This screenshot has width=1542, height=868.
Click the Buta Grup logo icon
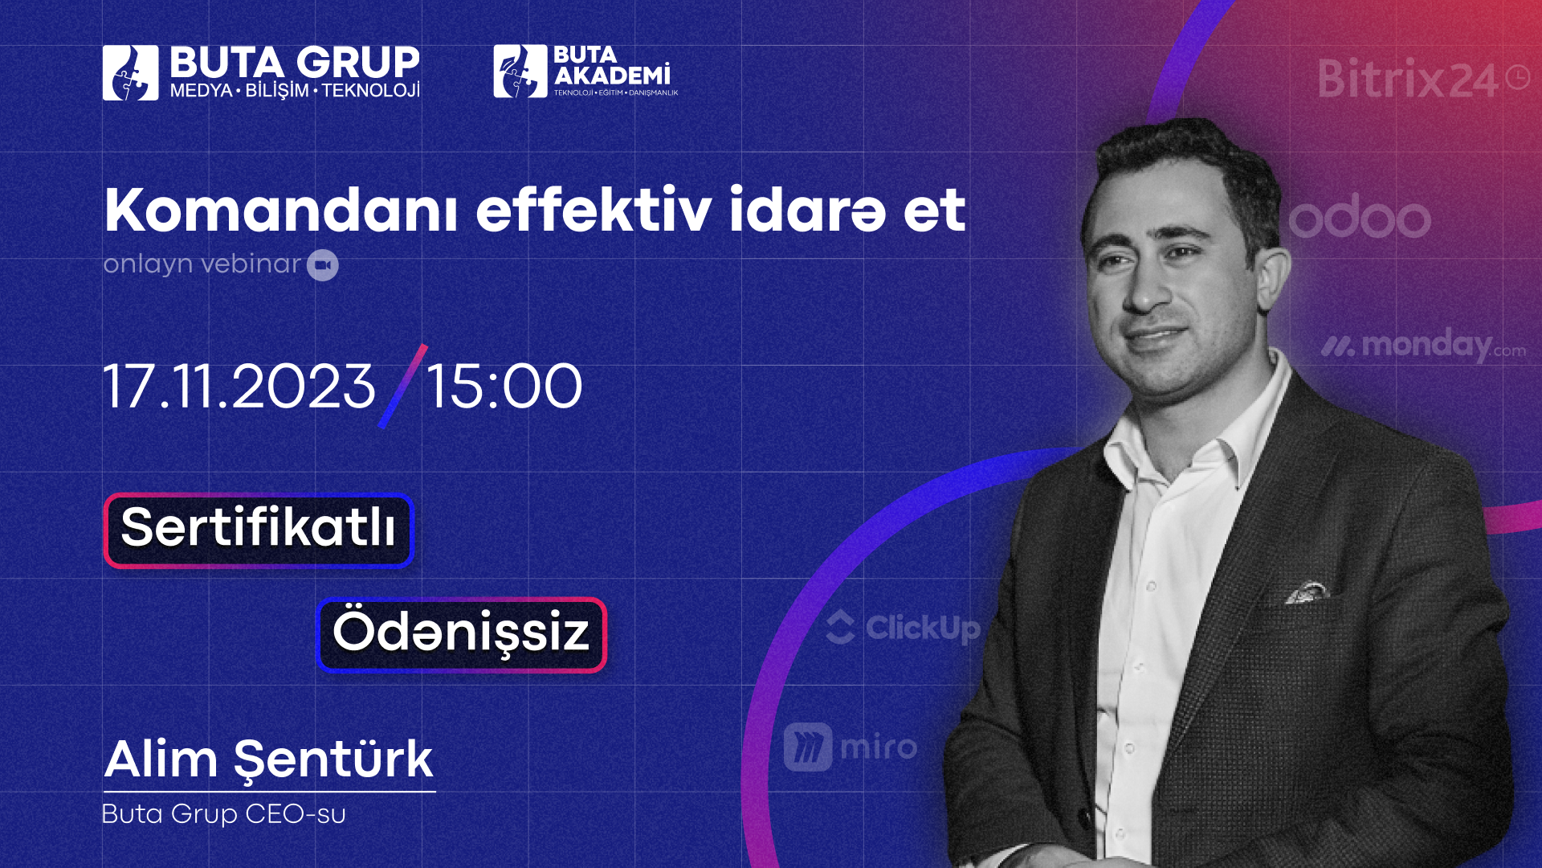130,72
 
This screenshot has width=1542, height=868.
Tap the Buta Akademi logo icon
520,71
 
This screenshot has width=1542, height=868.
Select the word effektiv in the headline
594,211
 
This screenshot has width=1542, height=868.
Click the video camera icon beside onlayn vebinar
323,265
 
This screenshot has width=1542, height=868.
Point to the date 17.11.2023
239,387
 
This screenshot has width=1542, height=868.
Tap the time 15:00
504,387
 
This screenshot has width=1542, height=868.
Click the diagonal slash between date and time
402,387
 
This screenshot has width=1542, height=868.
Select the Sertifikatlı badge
259,530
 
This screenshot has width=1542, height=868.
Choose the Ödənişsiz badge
462,635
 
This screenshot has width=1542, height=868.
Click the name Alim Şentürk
269,759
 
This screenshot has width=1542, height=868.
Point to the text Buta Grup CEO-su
224,814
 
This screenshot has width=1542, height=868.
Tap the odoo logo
1360,217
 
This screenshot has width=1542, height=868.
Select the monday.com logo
1423,346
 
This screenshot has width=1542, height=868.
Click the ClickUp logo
903,628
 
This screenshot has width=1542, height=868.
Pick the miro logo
851,747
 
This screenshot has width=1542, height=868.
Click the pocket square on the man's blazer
1308,592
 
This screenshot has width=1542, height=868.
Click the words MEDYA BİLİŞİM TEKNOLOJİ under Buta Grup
295,90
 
